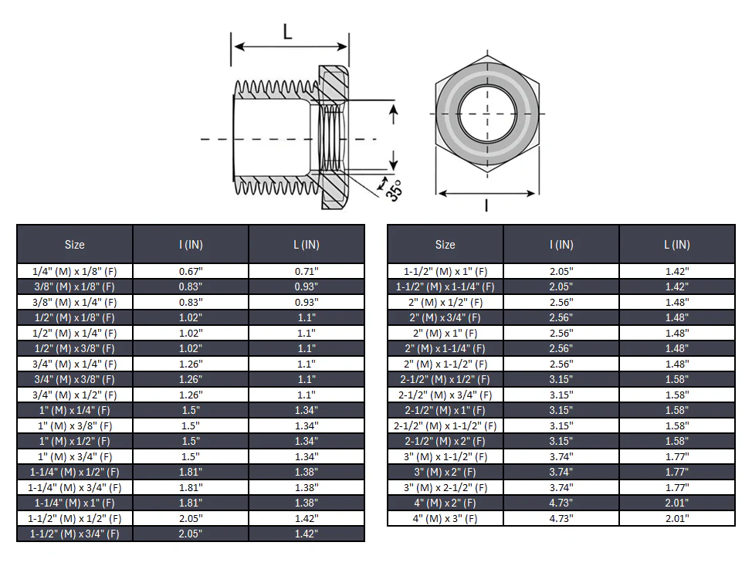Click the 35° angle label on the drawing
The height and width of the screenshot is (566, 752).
[394, 191]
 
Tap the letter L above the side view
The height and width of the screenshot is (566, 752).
[288, 32]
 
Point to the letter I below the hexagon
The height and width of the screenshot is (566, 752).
[486, 205]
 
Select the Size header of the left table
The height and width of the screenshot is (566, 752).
[75, 245]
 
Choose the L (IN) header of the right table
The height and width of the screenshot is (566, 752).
[677, 245]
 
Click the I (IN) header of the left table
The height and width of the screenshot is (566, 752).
[191, 245]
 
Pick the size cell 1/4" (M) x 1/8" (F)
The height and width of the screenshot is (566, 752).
[75, 272]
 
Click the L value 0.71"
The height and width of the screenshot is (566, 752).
[307, 272]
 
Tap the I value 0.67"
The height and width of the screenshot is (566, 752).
[191, 272]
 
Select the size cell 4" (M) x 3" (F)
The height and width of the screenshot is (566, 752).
[445, 519]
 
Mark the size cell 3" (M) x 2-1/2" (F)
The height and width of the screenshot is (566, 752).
[445, 488]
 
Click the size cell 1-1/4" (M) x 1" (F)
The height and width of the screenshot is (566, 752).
[75, 503]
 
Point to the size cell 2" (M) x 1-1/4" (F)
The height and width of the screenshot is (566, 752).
[445, 349]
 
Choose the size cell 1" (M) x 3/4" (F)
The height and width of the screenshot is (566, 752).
[75, 456]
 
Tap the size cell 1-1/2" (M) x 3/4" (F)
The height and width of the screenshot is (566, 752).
[75, 534]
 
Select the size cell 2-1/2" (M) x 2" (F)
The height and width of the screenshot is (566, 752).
[445, 441]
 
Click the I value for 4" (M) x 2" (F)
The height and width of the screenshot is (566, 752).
[561, 503]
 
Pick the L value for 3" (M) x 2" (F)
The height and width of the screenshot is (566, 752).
[677, 473]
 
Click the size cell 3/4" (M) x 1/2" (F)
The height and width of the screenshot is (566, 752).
[75, 395]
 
